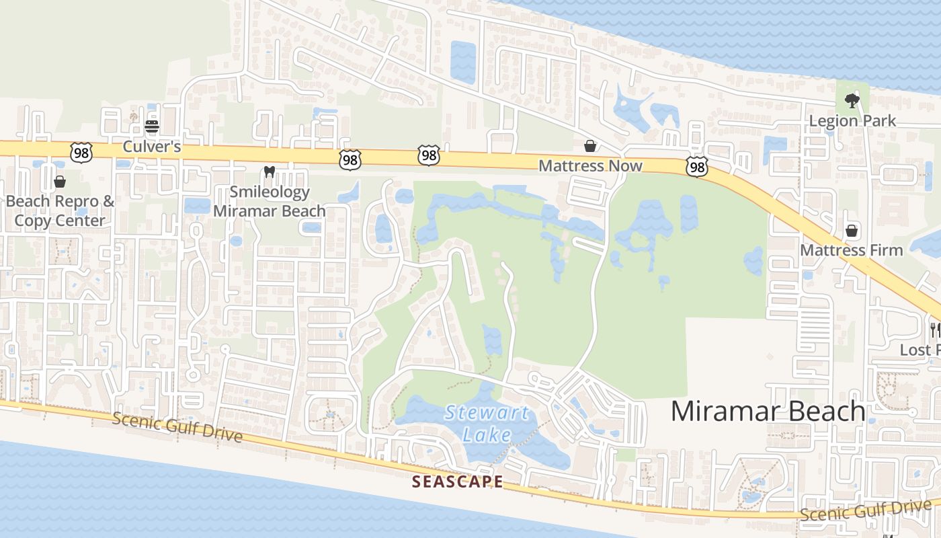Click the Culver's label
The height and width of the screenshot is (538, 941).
click(152, 146)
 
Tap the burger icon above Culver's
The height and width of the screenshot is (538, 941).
click(152, 126)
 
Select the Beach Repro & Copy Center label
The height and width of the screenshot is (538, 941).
click(60, 210)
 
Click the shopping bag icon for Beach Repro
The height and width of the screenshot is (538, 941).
click(60, 182)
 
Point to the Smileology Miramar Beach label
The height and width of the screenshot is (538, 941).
click(270, 201)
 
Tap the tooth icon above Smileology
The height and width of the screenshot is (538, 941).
click(270, 172)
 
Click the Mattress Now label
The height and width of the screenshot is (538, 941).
click(591, 165)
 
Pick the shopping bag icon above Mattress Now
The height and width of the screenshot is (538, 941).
click(590, 146)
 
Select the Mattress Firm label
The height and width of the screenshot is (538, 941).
click(852, 250)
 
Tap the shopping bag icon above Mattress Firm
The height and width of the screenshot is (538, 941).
click(852, 231)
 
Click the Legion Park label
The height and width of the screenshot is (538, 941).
click(853, 121)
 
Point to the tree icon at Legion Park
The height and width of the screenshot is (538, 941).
click(852, 101)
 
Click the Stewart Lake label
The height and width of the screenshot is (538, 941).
click(487, 424)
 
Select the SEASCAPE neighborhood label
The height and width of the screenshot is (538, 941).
click(457, 482)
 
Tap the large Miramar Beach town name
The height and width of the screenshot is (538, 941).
click(768, 411)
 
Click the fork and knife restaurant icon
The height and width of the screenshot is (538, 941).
click(934, 330)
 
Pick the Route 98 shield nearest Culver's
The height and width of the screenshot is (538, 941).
click(81, 151)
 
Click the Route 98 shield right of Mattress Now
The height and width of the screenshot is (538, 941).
click(697, 167)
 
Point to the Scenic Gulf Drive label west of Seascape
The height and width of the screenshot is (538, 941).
click(177, 427)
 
